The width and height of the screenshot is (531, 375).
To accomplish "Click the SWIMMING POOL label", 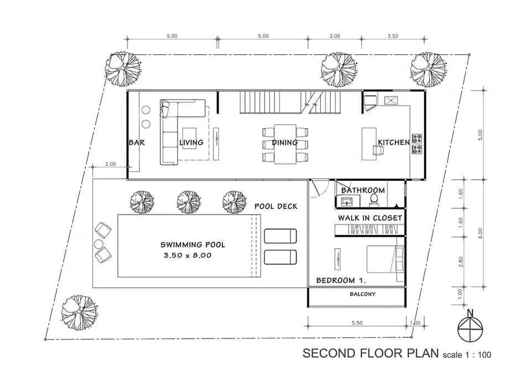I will [192, 244].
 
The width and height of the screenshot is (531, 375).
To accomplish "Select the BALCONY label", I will [362, 294].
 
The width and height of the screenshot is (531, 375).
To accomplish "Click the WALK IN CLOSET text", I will [370, 218].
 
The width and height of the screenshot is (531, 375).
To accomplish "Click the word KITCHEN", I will [393, 143].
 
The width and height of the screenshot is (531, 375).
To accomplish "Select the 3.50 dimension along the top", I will [393, 36].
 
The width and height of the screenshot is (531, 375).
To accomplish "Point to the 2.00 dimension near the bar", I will [110, 164].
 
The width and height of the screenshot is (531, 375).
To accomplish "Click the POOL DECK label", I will [275, 206].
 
